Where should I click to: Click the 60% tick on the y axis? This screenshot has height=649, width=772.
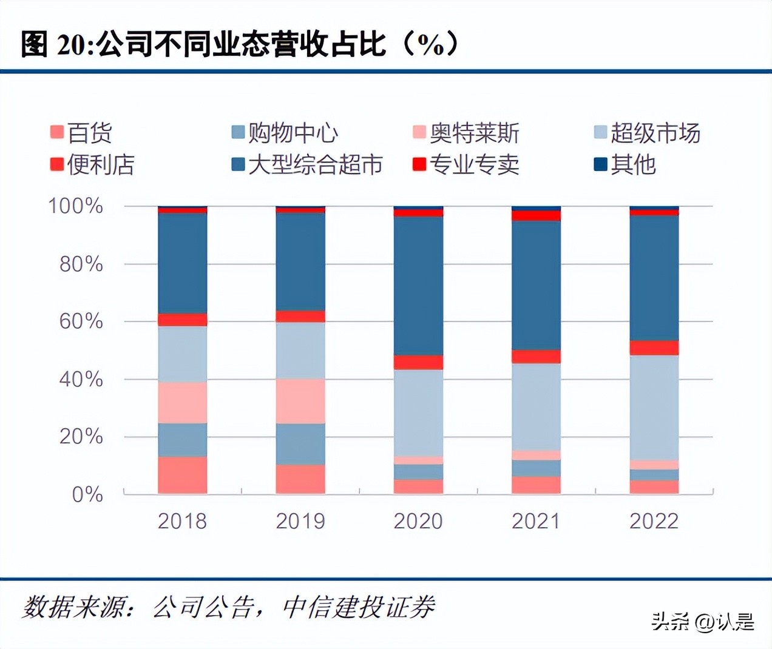[81, 321]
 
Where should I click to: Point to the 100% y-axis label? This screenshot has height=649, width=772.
[75, 206]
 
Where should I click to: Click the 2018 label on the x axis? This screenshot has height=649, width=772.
[182, 521]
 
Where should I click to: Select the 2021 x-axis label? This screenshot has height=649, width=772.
[536, 521]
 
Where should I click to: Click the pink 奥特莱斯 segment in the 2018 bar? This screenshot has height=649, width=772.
[182, 403]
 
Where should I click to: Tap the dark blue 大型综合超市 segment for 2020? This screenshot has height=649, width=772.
[418, 286]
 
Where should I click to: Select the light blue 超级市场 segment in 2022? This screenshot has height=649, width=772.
[654, 408]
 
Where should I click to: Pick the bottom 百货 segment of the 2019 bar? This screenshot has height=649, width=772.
[300, 479]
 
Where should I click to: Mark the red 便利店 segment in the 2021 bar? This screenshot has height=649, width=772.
[536, 357]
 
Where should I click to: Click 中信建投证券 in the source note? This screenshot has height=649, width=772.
[359, 607]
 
